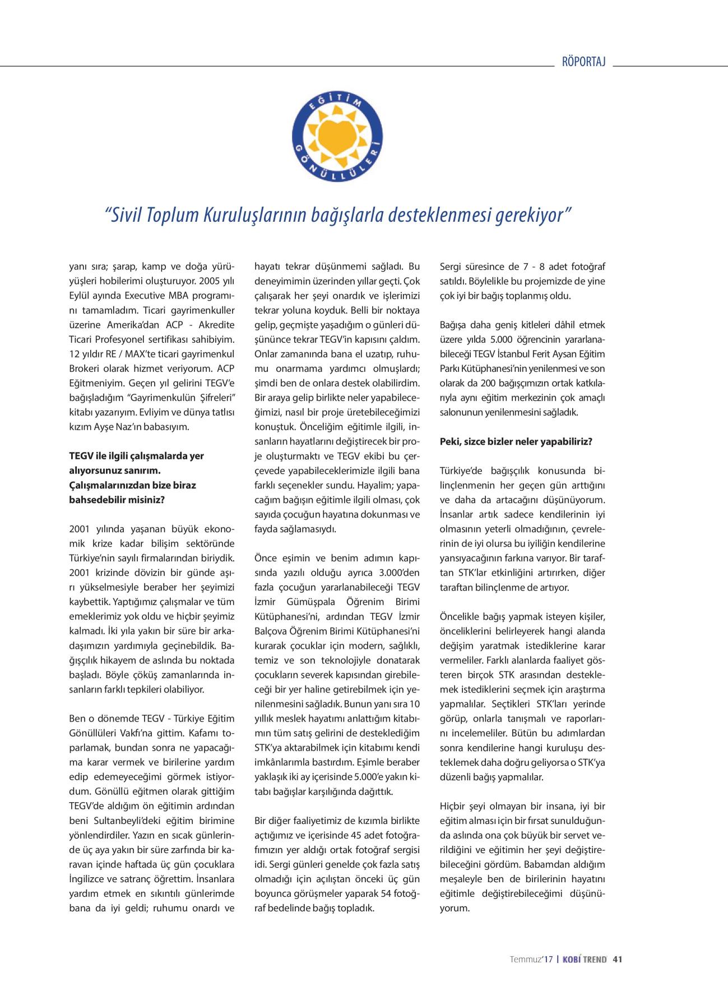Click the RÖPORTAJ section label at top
point(584,62)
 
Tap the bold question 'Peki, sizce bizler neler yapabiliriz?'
point(516,441)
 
